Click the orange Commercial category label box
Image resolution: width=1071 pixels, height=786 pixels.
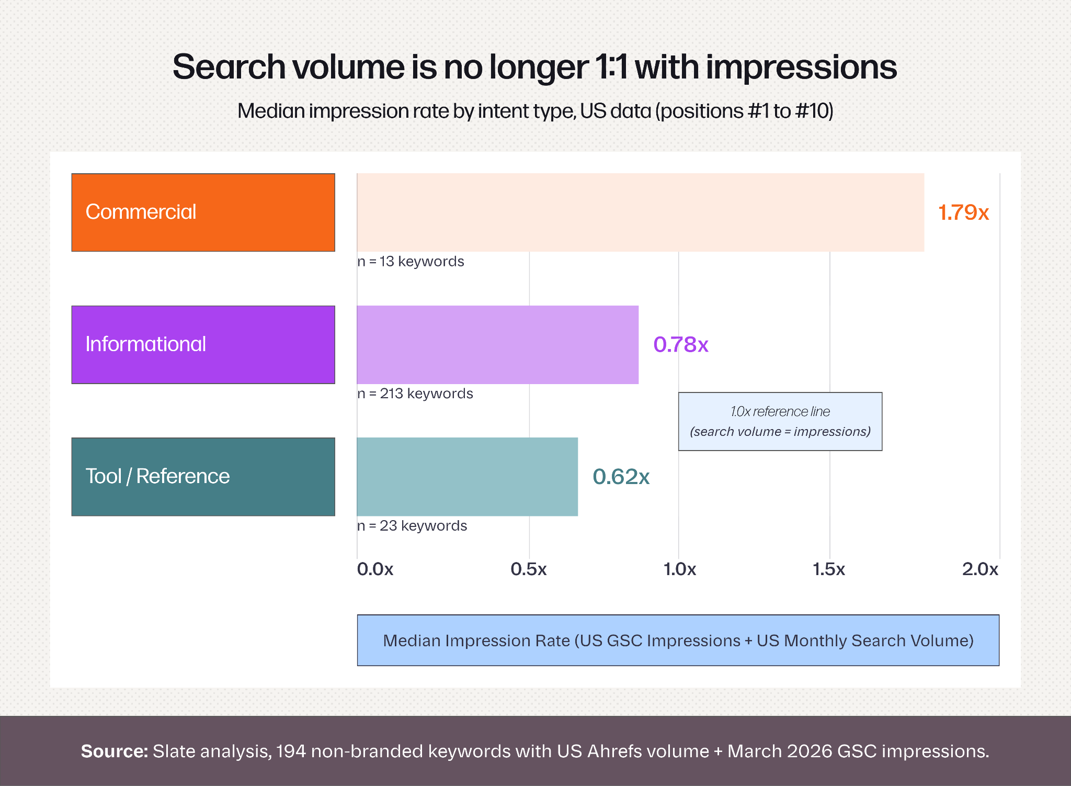click(203, 212)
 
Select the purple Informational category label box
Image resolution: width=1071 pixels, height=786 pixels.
click(203, 345)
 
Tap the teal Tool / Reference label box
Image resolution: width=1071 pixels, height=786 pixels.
click(203, 477)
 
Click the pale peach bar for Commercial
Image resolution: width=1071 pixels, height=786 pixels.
click(641, 212)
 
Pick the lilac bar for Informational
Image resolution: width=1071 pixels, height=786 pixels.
click(498, 345)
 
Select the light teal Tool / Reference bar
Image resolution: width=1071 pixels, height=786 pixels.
click(468, 477)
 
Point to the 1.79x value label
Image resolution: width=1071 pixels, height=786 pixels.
click(963, 212)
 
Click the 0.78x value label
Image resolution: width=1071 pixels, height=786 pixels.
click(681, 344)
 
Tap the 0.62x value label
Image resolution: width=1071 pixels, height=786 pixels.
click(621, 477)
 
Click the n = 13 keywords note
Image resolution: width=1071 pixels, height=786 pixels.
click(411, 261)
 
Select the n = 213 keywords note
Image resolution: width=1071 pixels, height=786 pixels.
click(415, 394)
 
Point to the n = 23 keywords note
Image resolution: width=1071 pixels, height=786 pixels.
click(413, 525)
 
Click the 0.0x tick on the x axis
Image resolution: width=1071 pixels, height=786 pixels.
click(375, 569)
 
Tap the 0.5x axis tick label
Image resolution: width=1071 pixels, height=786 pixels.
click(529, 569)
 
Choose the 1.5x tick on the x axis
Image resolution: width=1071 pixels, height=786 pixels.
click(829, 569)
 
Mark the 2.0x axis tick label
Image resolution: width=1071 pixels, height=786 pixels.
click(981, 569)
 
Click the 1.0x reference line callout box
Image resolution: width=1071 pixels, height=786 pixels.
click(780, 421)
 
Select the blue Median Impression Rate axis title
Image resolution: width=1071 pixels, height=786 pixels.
click(678, 641)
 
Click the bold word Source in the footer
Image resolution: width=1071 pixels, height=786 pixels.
click(115, 751)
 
